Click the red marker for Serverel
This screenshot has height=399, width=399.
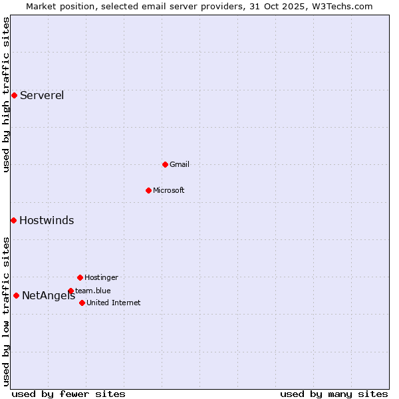pos(14,95)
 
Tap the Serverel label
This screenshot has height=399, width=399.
pos(42,95)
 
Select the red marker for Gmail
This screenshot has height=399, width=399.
pos(165,164)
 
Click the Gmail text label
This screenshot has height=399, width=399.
pos(180,164)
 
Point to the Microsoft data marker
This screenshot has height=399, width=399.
pos(148,190)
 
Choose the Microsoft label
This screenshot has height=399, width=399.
pos(169,190)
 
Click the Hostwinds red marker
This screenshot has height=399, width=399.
pos(13,220)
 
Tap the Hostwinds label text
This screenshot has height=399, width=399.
pos(47,221)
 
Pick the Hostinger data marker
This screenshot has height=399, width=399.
pos(80,277)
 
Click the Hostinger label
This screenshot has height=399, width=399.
pos(101,277)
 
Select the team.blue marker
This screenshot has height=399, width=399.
pos(70,291)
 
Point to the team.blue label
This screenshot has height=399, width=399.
pos(93,291)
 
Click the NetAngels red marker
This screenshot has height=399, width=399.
pos(16,295)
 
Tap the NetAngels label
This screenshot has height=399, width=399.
pos(49,296)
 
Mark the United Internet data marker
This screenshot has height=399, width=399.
pos(82,303)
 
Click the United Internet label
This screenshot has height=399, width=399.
pos(114,303)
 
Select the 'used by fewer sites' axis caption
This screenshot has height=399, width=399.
pos(68,394)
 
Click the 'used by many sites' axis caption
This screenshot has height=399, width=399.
pos(334,394)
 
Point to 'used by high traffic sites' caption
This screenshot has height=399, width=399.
pos(6,95)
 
